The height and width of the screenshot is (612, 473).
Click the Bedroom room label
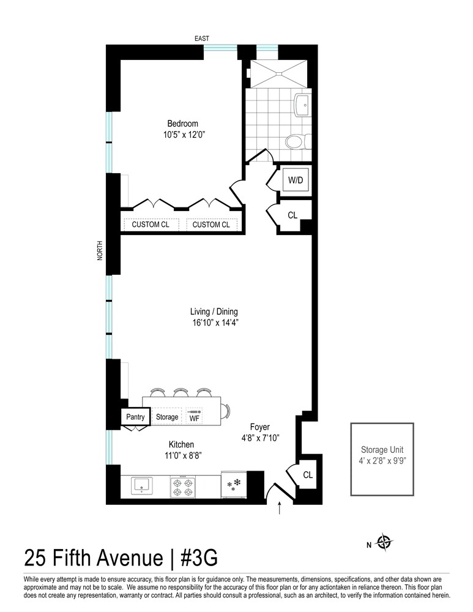(182, 124)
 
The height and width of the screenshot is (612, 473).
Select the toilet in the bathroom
(296, 143)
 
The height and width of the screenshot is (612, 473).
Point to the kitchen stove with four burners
(182, 487)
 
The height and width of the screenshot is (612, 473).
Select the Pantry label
(135, 417)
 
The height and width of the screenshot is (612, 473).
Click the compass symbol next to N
(384, 542)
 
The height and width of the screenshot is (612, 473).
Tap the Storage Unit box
(382, 459)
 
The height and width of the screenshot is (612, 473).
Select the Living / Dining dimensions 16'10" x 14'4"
(214, 322)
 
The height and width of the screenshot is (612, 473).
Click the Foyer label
(259, 427)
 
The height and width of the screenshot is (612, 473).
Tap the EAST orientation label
(201, 39)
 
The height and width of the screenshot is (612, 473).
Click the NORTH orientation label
(100, 250)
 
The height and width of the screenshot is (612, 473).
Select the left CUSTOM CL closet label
(151, 225)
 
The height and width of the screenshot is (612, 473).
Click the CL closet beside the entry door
(308, 474)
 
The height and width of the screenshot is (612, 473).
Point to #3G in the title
(194, 558)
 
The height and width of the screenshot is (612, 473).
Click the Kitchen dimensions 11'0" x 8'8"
(182, 455)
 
